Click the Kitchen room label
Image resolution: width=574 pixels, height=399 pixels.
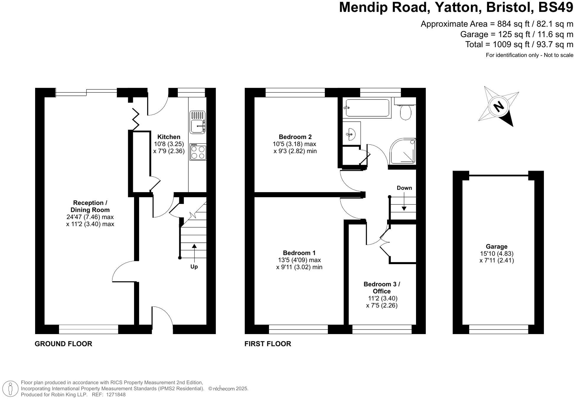(169, 137)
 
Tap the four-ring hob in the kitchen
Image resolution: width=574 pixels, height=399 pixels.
(198, 152)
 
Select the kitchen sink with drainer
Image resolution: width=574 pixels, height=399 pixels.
(198, 122)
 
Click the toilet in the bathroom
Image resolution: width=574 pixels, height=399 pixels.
(406, 112)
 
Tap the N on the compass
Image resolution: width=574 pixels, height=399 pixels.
(499, 106)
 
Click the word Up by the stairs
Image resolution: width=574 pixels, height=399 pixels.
(194, 267)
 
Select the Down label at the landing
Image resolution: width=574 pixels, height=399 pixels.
(404, 188)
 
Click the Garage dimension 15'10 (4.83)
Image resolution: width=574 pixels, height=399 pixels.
(497, 254)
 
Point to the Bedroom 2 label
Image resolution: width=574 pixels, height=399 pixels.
(295, 137)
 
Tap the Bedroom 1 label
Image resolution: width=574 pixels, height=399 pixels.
(299, 253)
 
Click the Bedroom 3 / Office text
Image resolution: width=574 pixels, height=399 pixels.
(382, 287)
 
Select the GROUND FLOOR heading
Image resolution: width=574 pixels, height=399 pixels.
(63, 344)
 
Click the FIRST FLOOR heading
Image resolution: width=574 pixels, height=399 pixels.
(268, 344)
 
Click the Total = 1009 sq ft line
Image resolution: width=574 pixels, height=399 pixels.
(519, 45)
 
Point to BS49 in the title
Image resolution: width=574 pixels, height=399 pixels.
(555, 7)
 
